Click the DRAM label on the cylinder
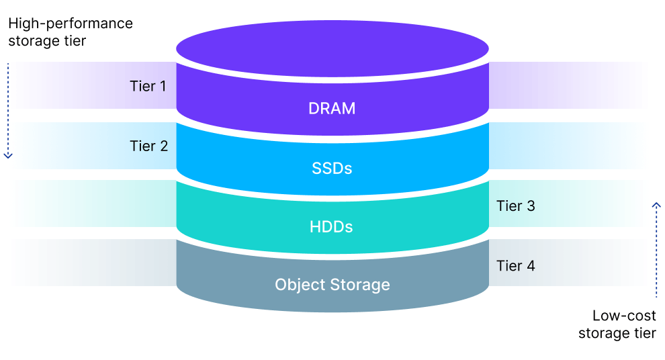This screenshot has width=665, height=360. point(332,109)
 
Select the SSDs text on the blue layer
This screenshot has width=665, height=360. point(332,168)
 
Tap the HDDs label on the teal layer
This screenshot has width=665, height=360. point(332,227)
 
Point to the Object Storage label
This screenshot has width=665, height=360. point(332,285)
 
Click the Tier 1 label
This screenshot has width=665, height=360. point(148,87)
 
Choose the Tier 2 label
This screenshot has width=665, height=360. point(148,146)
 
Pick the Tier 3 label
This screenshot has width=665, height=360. point(515,206)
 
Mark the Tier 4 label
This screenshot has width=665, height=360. point(515,265)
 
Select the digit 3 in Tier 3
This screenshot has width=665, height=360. point(531,206)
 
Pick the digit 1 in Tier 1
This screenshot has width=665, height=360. point(163,87)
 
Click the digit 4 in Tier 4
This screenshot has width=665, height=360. point(531,265)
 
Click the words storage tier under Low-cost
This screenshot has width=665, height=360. point(617,332)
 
